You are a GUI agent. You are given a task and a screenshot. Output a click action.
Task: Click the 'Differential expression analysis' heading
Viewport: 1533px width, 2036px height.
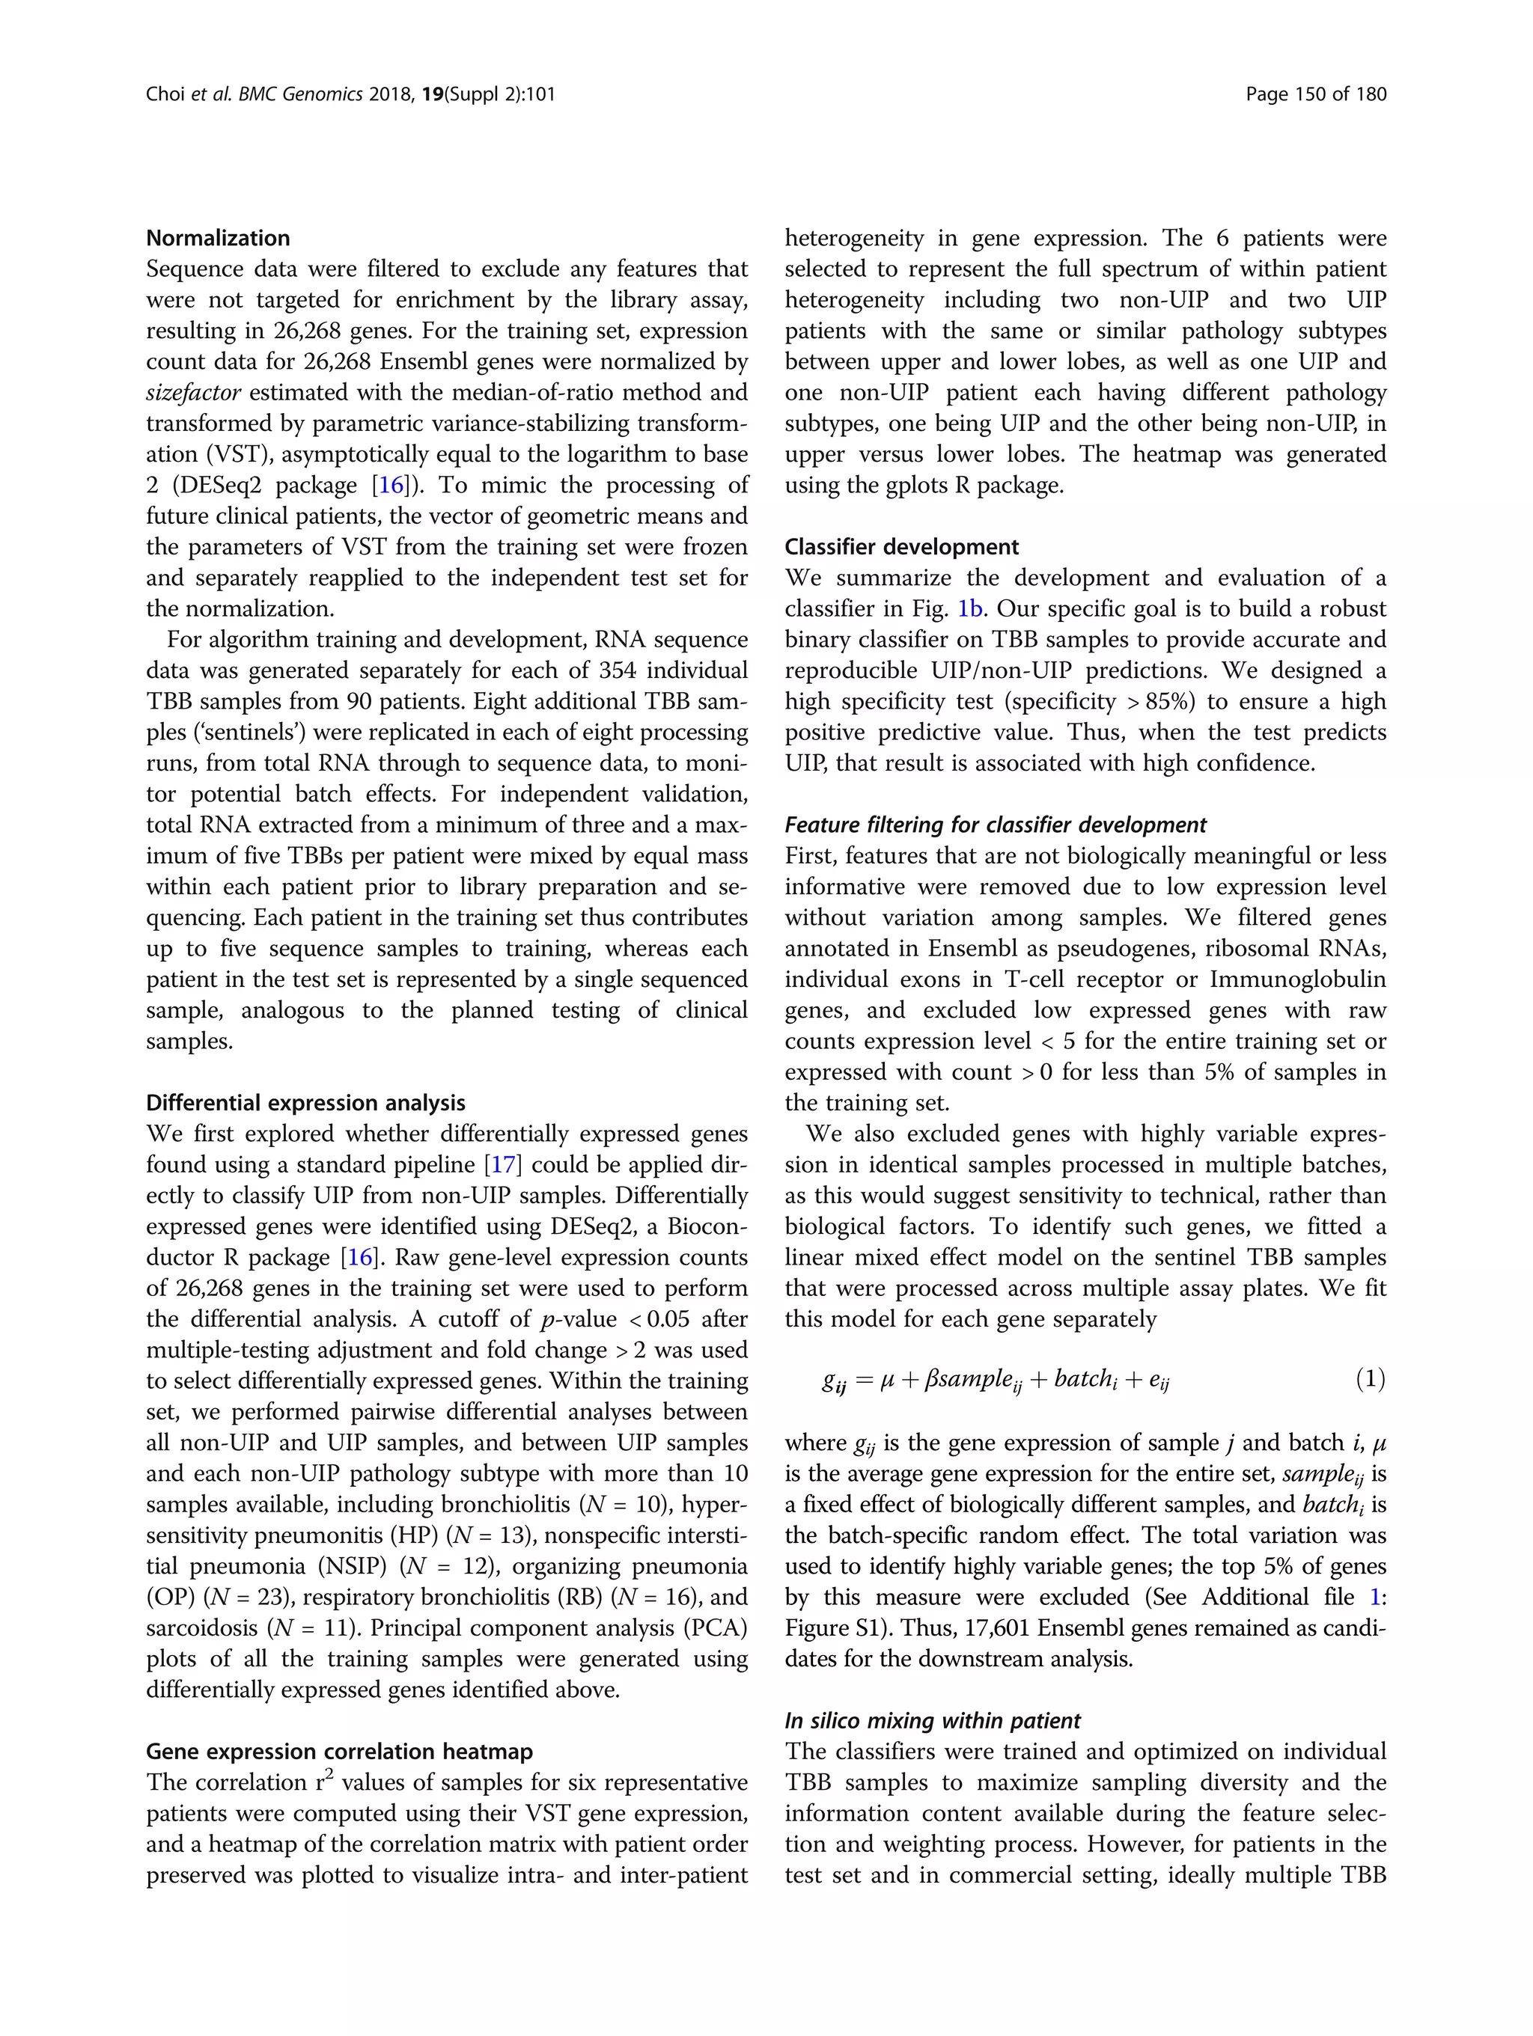click(305, 1103)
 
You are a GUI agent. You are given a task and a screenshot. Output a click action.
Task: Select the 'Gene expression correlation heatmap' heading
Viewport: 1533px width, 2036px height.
click(339, 1752)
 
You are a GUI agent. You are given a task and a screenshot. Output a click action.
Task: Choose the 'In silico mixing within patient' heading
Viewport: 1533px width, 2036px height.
click(932, 1721)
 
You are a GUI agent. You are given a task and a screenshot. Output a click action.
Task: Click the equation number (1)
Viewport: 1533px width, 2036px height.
click(1369, 1379)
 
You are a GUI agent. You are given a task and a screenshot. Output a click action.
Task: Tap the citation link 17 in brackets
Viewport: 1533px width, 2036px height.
click(504, 1165)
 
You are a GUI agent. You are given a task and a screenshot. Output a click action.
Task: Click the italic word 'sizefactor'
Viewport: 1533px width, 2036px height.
click(193, 393)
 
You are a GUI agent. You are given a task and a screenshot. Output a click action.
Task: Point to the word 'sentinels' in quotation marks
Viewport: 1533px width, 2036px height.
click(241, 733)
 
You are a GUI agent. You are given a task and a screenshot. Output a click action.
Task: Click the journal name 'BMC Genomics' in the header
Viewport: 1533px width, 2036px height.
click(300, 94)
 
